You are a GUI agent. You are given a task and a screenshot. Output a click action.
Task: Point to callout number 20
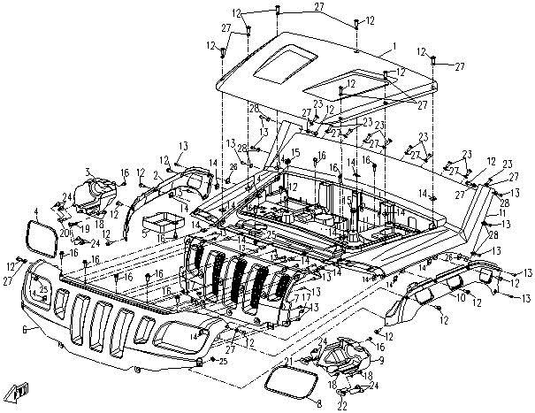pos(65,219)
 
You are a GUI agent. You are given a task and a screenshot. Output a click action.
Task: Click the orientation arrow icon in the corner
pos(19,390)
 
